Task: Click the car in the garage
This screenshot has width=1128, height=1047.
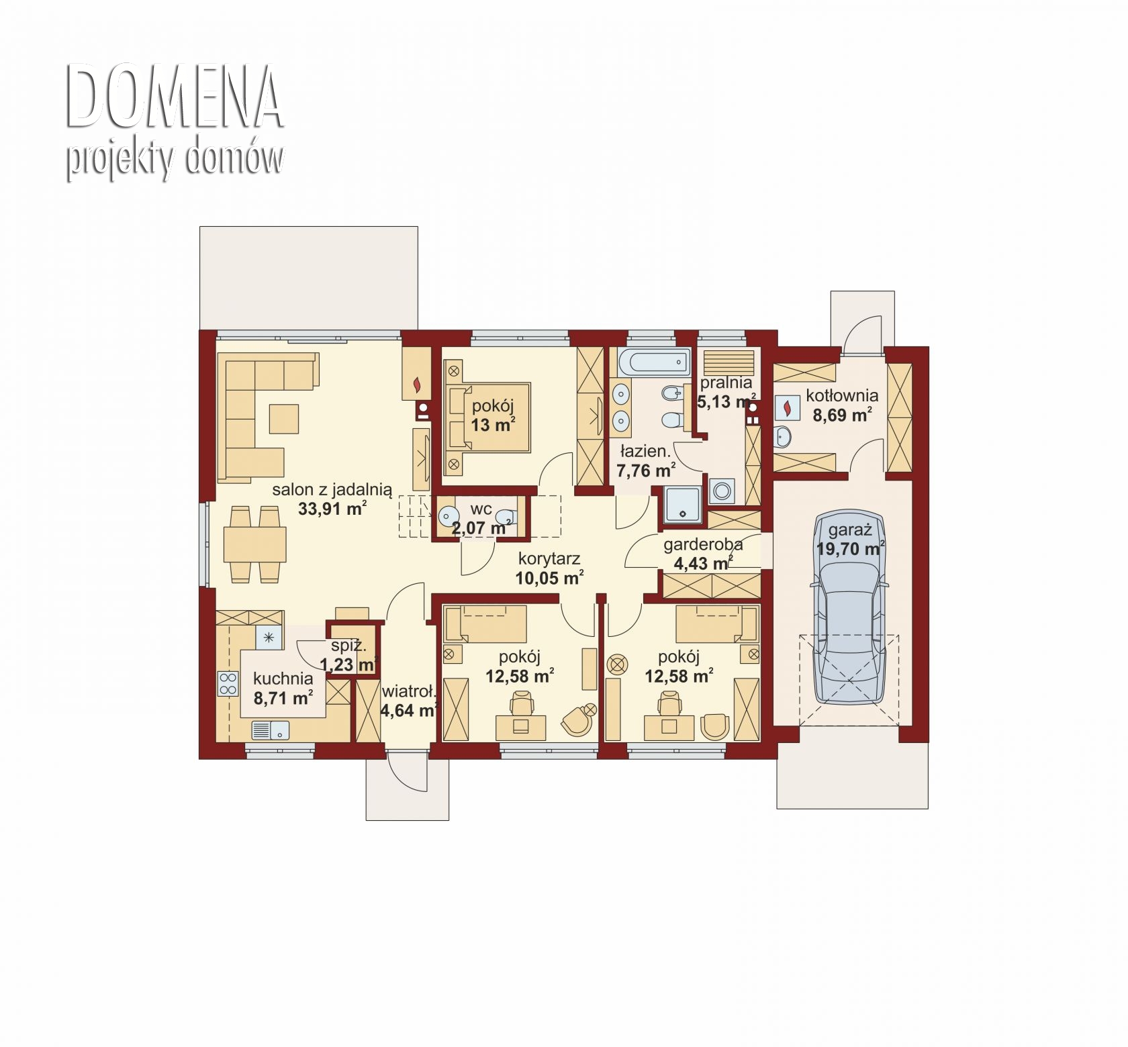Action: pos(849,609)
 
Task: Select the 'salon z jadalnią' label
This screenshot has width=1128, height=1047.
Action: pos(332,490)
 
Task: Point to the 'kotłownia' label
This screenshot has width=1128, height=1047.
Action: pos(842,395)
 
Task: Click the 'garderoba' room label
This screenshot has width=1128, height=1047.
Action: pos(703,545)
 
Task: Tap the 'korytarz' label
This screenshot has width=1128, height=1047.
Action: pos(549,558)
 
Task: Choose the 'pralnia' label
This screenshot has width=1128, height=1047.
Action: pos(726,383)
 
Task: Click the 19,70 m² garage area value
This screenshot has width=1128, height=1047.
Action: pos(850,549)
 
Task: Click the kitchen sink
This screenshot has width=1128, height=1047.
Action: pos(271,730)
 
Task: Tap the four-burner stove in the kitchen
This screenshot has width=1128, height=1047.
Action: pos(228,684)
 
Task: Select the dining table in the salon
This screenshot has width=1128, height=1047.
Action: pos(255,545)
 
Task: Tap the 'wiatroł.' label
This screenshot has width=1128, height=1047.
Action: pos(409,692)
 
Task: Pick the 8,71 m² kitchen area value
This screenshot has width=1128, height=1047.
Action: pos(283,699)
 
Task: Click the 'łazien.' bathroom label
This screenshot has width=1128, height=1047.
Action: pos(645,452)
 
